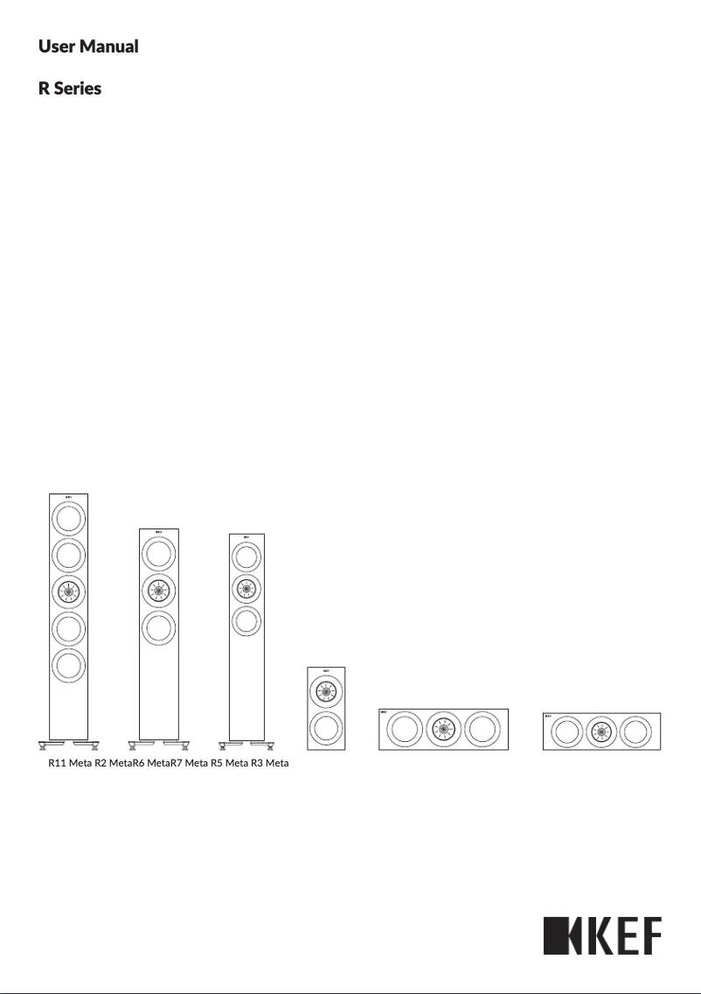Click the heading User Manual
point(88,46)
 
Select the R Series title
point(70,89)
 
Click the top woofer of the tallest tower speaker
point(68,518)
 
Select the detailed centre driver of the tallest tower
point(68,591)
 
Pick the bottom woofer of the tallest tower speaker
point(68,665)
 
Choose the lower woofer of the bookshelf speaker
point(325,729)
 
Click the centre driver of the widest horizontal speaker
point(442,730)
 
